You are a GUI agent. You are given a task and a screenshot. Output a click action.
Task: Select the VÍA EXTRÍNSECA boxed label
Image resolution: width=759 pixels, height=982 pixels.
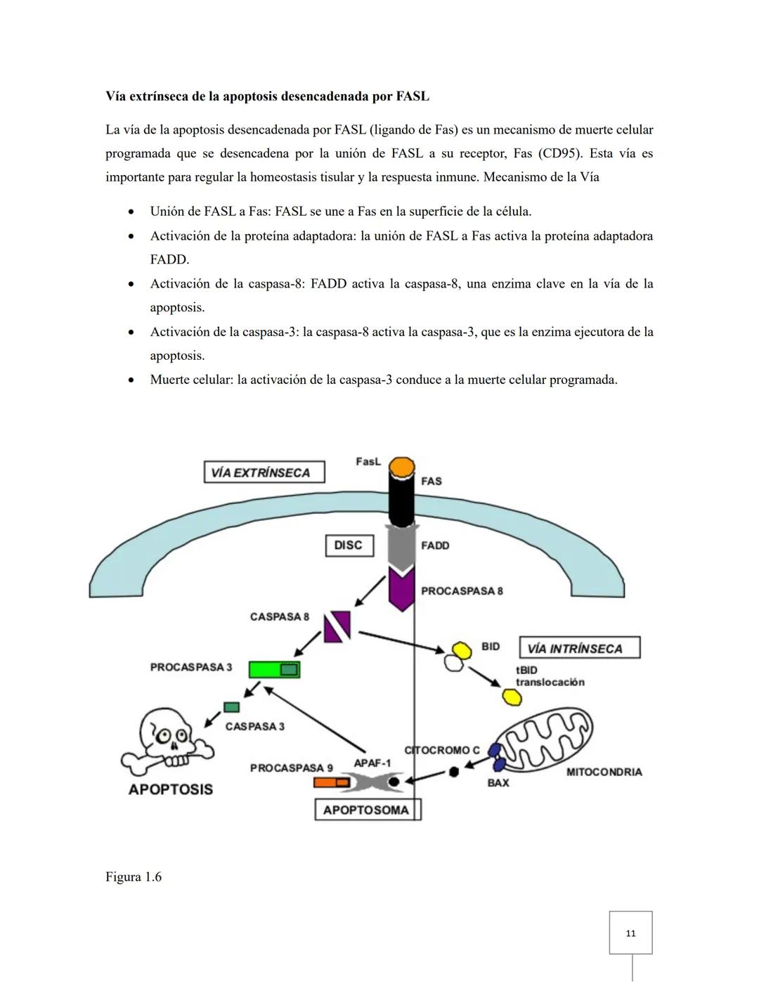pyautogui.click(x=264, y=472)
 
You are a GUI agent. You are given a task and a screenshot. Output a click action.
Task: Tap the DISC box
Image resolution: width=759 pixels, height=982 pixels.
pyautogui.click(x=349, y=545)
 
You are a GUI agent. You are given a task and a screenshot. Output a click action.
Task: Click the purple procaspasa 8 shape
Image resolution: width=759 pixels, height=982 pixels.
pyautogui.click(x=402, y=590)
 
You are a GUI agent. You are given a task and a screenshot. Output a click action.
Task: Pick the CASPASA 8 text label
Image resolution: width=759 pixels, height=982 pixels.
pyautogui.click(x=279, y=616)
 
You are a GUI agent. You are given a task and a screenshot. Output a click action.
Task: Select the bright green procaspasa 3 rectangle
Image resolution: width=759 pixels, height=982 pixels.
pyautogui.click(x=274, y=669)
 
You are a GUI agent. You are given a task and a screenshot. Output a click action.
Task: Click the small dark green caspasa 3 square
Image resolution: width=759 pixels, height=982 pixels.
pyautogui.click(x=231, y=706)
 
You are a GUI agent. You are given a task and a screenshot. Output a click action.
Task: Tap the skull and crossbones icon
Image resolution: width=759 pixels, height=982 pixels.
pyautogui.click(x=168, y=742)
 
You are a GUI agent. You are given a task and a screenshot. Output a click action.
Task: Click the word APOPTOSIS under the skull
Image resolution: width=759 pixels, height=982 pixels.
pyautogui.click(x=170, y=789)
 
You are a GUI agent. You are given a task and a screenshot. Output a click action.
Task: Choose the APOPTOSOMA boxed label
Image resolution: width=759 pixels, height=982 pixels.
pyautogui.click(x=366, y=810)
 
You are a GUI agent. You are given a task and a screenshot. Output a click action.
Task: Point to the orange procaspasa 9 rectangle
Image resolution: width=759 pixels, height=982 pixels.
pyautogui.click(x=331, y=782)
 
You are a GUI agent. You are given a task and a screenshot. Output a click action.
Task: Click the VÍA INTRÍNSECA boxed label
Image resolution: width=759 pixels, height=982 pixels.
pyautogui.click(x=579, y=648)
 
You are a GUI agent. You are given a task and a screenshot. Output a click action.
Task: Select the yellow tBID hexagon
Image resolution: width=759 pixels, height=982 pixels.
pyautogui.click(x=512, y=697)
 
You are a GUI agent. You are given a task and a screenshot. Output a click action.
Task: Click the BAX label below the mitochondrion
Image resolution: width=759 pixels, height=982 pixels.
pyautogui.click(x=498, y=782)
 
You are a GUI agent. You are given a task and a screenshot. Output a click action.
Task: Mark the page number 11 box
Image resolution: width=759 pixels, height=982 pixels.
pyautogui.click(x=630, y=933)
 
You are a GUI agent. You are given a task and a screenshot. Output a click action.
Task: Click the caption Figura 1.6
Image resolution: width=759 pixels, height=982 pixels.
pyautogui.click(x=134, y=877)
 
